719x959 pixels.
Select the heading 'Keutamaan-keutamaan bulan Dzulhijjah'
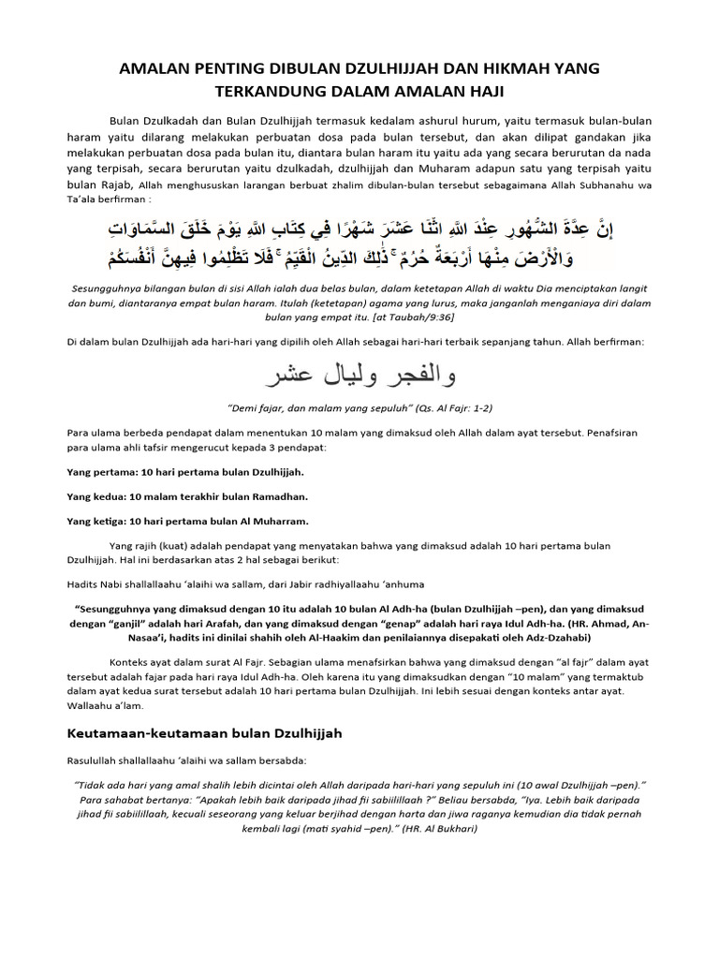click(205, 733)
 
